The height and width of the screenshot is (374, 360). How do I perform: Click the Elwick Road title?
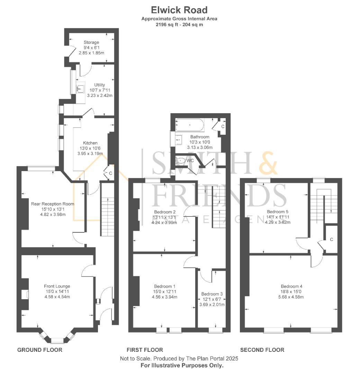click(x=179, y=10)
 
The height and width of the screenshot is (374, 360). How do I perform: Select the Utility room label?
click(x=99, y=85)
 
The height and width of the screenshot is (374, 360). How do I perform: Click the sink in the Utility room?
click(x=80, y=90)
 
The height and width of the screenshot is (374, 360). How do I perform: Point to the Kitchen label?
click(x=90, y=143)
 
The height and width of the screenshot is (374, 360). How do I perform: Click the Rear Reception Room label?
click(x=53, y=204)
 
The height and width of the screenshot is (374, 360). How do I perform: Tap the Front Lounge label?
click(x=57, y=286)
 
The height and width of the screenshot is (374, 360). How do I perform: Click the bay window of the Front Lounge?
click(x=57, y=338)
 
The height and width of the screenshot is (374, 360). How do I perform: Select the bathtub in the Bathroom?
click(x=190, y=125)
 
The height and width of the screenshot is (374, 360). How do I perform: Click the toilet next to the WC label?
click(x=181, y=160)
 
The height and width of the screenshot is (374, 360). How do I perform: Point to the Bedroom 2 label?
click(x=164, y=212)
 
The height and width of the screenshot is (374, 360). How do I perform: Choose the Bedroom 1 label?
click(x=164, y=286)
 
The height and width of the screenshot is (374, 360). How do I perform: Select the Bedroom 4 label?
click(x=291, y=286)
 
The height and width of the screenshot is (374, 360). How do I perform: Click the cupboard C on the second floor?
click(x=331, y=239)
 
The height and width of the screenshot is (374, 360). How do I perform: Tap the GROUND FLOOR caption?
click(x=40, y=350)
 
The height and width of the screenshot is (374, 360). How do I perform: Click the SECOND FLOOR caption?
click(x=262, y=350)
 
